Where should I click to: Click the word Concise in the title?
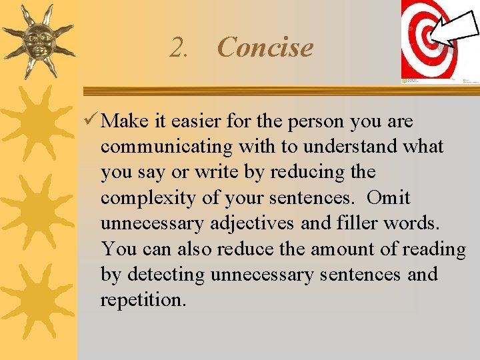coord(265,47)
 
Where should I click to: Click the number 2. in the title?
coord(180,48)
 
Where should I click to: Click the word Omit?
coord(388,198)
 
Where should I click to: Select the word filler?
coord(356,223)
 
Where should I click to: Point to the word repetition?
coord(142,300)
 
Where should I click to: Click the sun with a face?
coord(37,40)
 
